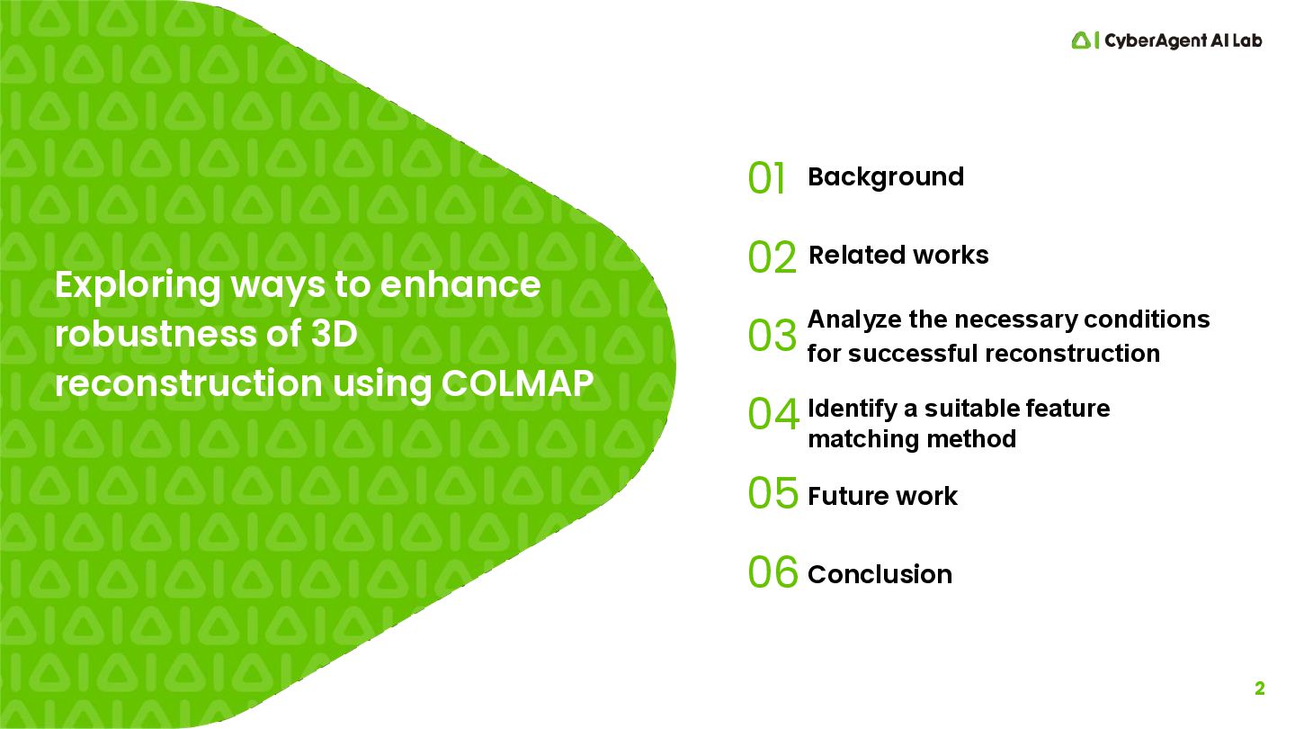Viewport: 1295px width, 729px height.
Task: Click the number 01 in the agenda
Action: click(x=766, y=178)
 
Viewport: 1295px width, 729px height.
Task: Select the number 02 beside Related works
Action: click(x=772, y=257)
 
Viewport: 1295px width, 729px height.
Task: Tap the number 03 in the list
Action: click(x=772, y=336)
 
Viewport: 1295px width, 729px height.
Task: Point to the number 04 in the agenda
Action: click(x=773, y=415)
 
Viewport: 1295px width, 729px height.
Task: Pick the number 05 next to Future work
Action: click(x=773, y=493)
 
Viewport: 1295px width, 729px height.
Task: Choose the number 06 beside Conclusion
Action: click(x=773, y=572)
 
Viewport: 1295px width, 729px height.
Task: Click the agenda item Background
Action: click(x=885, y=176)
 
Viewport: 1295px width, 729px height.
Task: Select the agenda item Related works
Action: click(x=898, y=256)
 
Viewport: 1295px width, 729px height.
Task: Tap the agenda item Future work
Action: click(x=882, y=496)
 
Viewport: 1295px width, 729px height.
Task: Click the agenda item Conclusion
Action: click(x=880, y=574)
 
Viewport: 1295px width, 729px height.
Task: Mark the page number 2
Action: click(x=1259, y=689)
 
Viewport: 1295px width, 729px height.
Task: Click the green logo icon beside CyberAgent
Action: click(x=1080, y=40)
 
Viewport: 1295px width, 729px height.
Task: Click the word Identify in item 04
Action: click(x=851, y=409)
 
